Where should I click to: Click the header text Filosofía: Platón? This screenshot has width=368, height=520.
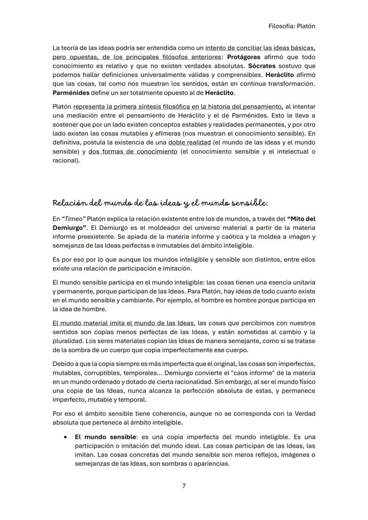click(292, 26)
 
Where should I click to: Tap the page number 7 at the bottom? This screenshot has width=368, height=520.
click(184, 485)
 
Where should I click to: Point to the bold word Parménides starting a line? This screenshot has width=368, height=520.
click(71, 93)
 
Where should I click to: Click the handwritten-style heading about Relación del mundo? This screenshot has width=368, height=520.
click(160, 203)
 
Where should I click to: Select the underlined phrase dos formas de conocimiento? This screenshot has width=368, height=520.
click(132, 151)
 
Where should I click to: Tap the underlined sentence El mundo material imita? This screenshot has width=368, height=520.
click(123, 323)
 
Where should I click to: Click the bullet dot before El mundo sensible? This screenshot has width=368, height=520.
click(65, 437)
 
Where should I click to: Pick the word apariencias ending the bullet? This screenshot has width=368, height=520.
click(210, 464)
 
